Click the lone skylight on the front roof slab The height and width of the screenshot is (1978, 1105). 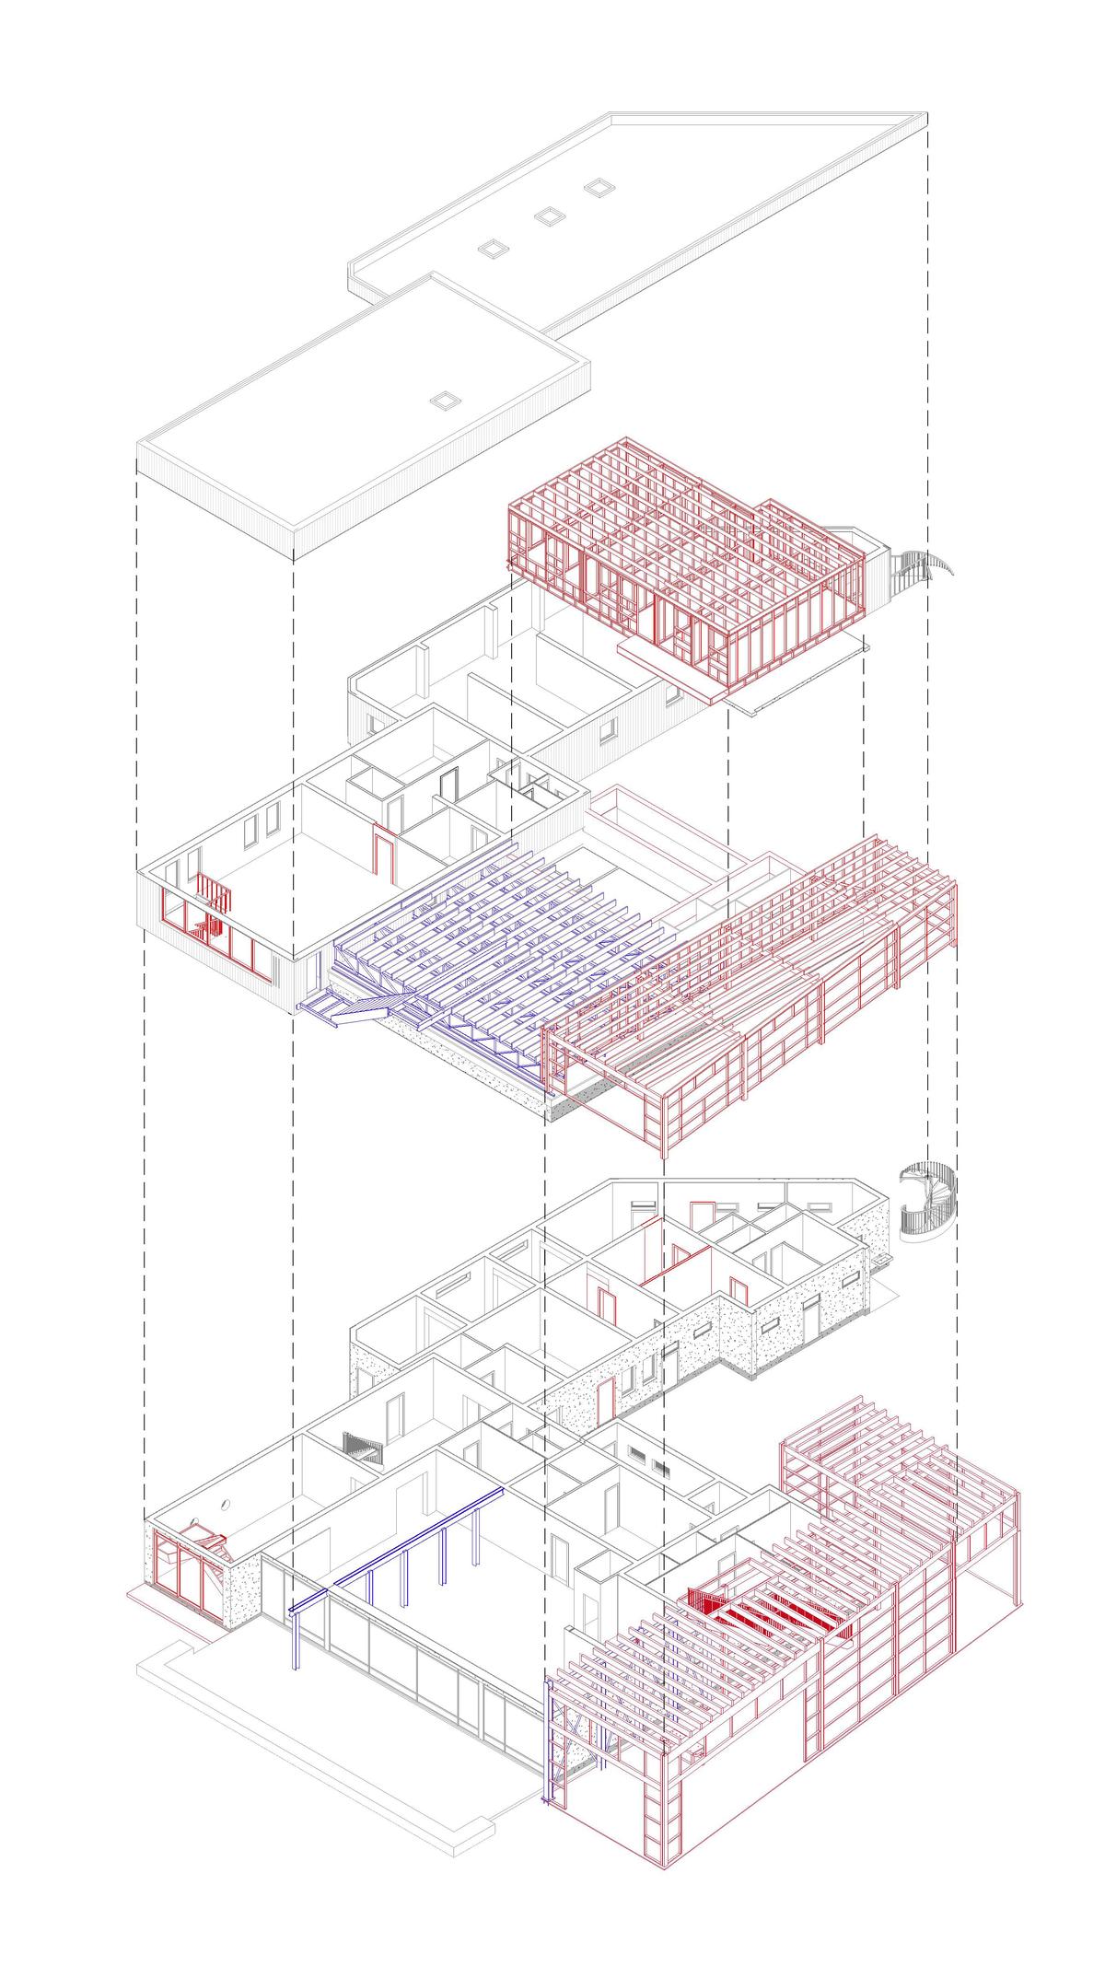click(446, 400)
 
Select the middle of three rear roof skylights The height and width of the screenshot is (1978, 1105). click(548, 215)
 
